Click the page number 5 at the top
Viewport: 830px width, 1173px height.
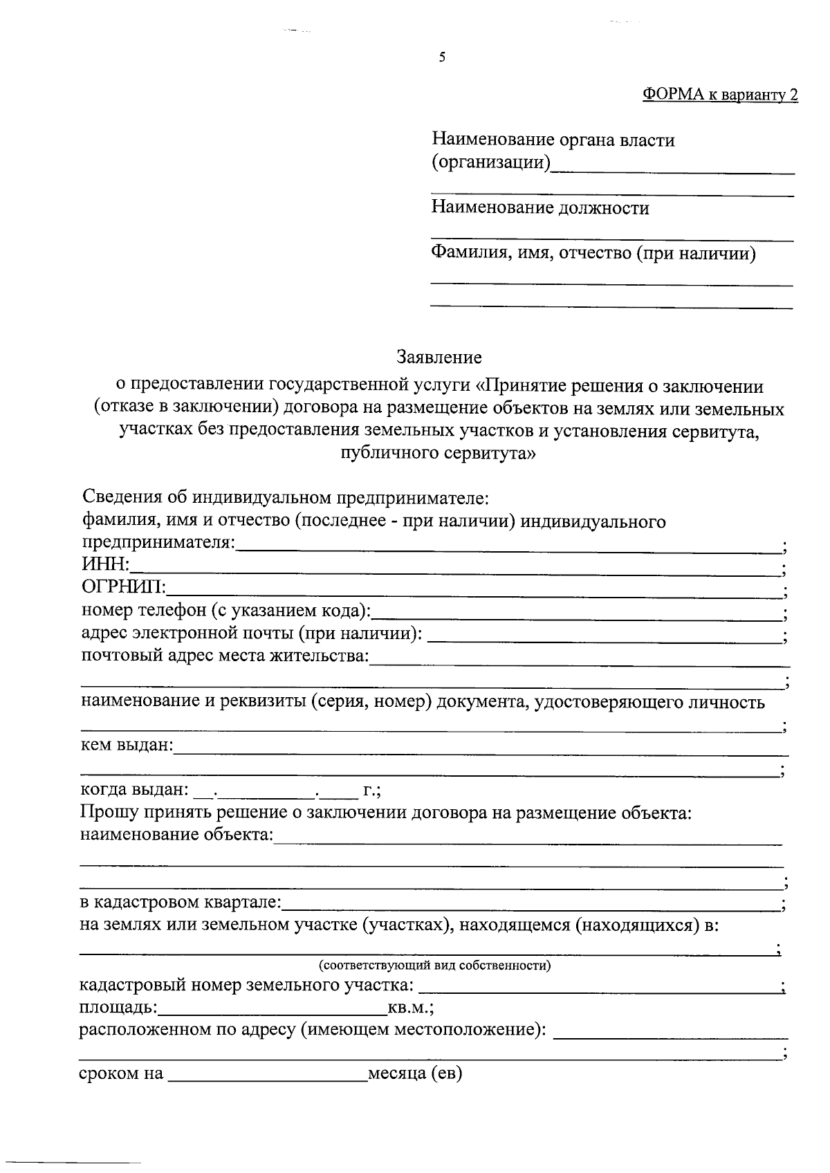click(x=442, y=58)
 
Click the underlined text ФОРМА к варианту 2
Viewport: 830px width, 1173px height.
click(x=720, y=95)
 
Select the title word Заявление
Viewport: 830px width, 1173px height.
click(x=439, y=358)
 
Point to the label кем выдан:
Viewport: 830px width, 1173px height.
click(x=127, y=746)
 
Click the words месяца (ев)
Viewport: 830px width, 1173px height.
click(x=415, y=1074)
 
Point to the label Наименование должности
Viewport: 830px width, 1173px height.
click(x=540, y=208)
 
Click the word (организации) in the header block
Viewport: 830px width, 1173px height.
click(x=491, y=163)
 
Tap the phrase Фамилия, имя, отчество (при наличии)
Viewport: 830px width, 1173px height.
click(x=593, y=254)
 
